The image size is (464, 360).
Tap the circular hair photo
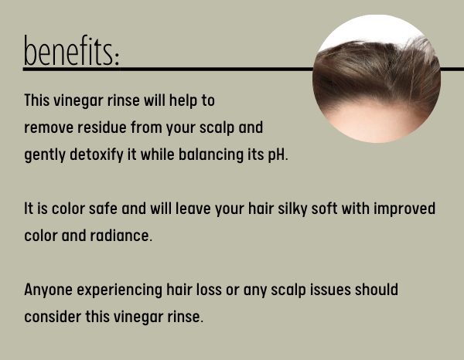[x=377, y=79]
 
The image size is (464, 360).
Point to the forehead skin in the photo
[x=376, y=121]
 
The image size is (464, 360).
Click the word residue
[x=102, y=127]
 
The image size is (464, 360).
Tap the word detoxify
[x=97, y=155]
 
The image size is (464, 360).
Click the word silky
[x=292, y=209]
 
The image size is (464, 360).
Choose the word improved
[x=404, y=209]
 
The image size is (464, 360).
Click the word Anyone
[x=48, y=290]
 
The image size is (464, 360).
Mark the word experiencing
[x=120, y=290]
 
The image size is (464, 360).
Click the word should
[x=377, y=290]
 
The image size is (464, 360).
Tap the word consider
[x=53, y=317]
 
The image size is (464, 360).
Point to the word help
[x=183, y=100]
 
